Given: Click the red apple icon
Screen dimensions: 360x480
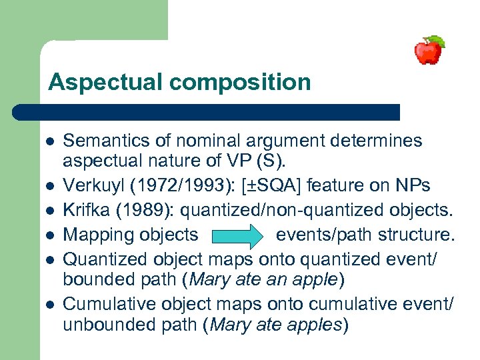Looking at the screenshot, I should click(x=429, y=50).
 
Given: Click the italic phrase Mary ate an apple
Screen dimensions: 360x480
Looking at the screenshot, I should click(x=266, y=279).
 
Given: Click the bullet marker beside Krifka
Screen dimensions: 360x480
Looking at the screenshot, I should click(x=50, y=211).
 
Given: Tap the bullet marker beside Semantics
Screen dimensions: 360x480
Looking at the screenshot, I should click(x=50, y=141).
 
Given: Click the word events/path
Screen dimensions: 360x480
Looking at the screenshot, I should click(x=318, y=235).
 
